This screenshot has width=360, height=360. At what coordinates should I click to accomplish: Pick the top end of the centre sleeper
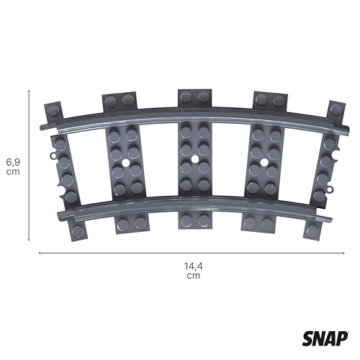click(x=194, y=97)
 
